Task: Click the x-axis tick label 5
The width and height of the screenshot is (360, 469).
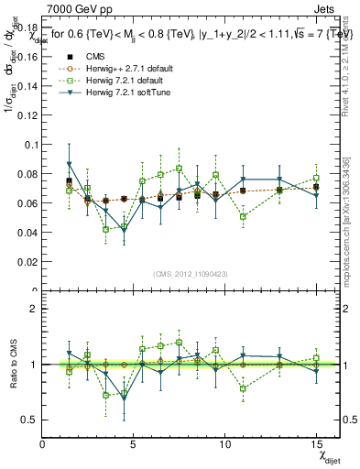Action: tap(134, 443)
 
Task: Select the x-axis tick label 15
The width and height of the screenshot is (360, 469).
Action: tap(315, 443)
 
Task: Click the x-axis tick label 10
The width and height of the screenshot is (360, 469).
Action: tap(224, 443)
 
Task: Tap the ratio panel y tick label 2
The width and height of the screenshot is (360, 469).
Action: tap(33, 309)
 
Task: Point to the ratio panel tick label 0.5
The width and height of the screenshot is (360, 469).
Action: tap(29, 420)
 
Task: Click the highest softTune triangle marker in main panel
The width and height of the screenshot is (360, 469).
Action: tap(70, 165)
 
